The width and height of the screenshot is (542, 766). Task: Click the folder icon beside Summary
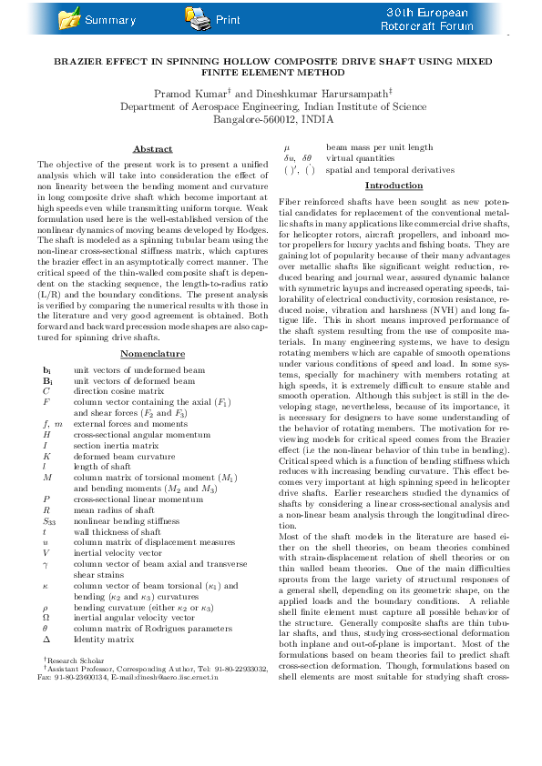point(68,18)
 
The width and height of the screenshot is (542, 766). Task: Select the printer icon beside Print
point(196,17)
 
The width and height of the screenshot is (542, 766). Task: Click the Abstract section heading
point(152,148)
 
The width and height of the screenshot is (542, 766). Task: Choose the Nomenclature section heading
point(152,354)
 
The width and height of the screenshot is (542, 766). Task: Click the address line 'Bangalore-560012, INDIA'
point(273,119)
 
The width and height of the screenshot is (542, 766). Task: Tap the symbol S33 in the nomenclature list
point(49,520)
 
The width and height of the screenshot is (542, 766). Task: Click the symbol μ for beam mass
point(288,147)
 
